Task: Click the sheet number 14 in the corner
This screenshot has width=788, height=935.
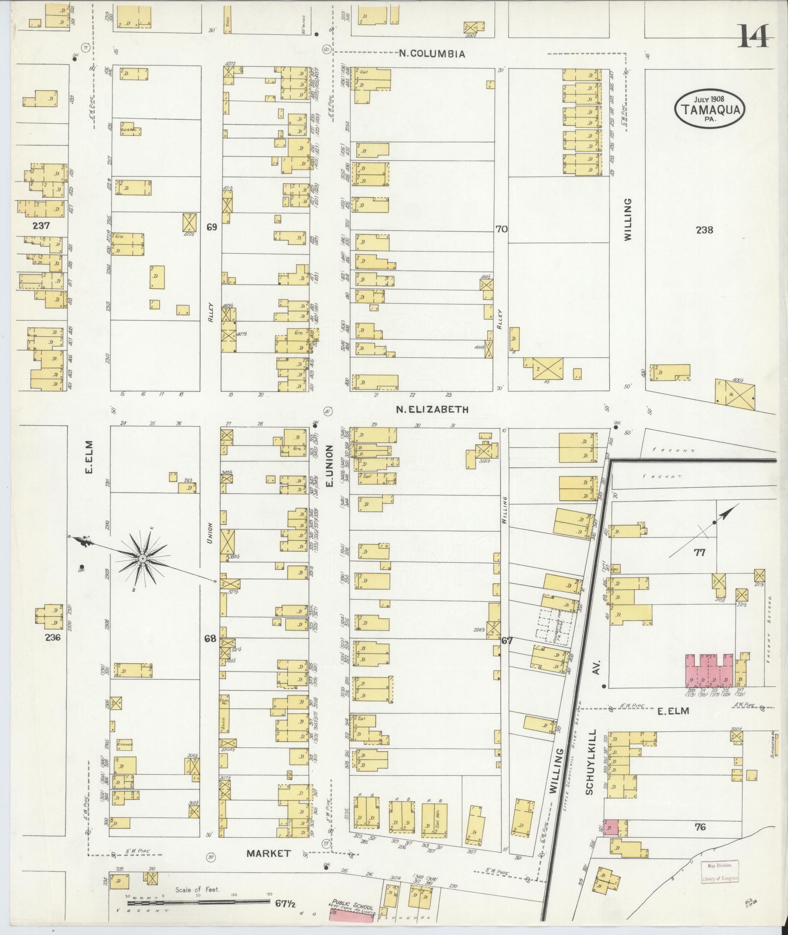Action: tap(754, 36)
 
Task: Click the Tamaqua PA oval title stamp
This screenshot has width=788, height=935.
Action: tap(710, 109)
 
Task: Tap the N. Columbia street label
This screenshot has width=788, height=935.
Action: tap(432, 54)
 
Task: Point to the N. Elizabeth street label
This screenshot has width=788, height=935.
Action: tap(432, 410)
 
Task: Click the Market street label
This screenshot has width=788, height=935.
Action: tap(268, 853)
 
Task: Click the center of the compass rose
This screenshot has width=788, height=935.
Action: tap(142, 558)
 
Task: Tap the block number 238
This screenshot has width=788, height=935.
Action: tap(704, 230)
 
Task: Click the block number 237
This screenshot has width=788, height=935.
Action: tap(42, 226)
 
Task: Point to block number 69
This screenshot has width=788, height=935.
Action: tap(211, 227)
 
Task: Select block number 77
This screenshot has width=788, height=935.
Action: tap(700, 553)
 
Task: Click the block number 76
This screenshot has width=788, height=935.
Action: tap(700, 827)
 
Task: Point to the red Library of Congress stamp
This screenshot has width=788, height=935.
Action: tap(720, 872)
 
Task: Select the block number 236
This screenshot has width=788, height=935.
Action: tap(52, 637)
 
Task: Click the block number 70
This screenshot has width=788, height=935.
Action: tap(501, 228)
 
